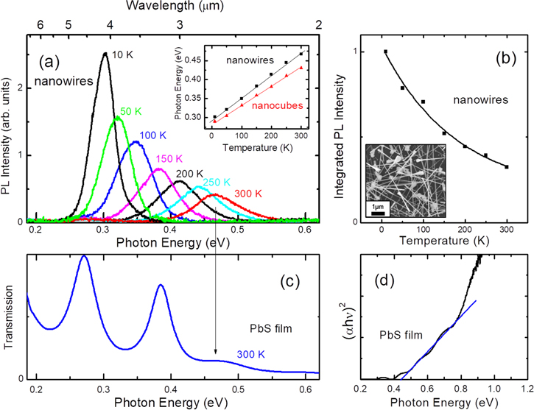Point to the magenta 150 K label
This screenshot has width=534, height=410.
[x=169, y=159]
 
